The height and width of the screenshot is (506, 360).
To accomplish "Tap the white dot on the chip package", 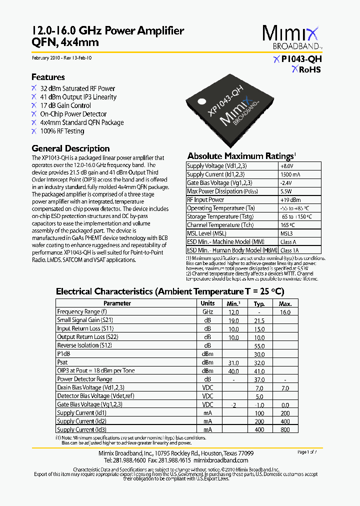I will click(202, 101).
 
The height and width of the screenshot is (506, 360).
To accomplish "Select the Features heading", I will click(48, 77).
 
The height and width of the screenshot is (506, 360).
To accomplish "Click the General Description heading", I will click(70, 148).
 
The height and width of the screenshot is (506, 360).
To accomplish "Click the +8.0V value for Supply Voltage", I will click(286, 166).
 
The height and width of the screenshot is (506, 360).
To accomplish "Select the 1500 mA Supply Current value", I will click(290, 174).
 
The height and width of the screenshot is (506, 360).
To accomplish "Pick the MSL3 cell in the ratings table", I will click(287, 233).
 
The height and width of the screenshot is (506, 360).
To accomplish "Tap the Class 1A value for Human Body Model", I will click(289, 250).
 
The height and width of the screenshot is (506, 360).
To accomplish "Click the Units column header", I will click(207, 303).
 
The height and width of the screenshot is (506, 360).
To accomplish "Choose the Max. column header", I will click(285, 304).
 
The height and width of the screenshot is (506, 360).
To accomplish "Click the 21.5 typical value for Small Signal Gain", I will click(259, 320).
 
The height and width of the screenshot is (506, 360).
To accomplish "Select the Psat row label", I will click(62, 362).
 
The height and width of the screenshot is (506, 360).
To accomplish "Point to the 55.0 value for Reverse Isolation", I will click(259, 346).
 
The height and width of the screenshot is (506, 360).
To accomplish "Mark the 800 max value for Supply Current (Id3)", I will click(285, 430).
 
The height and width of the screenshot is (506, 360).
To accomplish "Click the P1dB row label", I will click(63, 354).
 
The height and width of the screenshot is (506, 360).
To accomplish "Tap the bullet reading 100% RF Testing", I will click(62, 131).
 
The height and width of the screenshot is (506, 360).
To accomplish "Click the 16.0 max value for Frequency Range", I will click(285, 312).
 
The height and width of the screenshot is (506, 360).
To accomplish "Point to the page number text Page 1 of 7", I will click(310, 452).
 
